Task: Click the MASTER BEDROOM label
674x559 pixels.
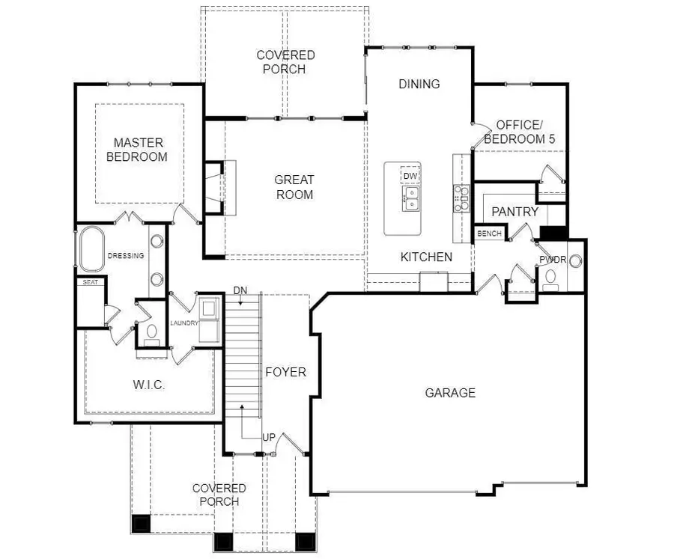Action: (x=137, y=150)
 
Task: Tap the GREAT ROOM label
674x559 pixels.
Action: (x=294, y=187)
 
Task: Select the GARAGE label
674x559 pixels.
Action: (x=450, y=392)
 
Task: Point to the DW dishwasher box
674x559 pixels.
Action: (x=410, y=176)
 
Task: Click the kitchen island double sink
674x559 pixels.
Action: (x=410, y=198)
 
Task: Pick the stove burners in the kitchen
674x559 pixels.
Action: (x=461, y=198)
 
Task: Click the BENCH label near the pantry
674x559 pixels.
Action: (x=489, y=233)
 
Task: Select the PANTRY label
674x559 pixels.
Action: (x=515, y=212)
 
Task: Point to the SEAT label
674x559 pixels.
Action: (x=91, y=282)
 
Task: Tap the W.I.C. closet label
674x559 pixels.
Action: (x=150, y=385)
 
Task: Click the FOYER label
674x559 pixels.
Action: (x=285, y=372)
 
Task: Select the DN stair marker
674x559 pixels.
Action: (x=240, y=290)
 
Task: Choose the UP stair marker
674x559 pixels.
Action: (x=268, y=437)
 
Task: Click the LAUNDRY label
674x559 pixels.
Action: (x=184, y=323)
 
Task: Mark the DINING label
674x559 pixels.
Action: (x=419, y=84)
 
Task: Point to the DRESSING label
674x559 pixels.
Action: (x=126, y=256)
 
